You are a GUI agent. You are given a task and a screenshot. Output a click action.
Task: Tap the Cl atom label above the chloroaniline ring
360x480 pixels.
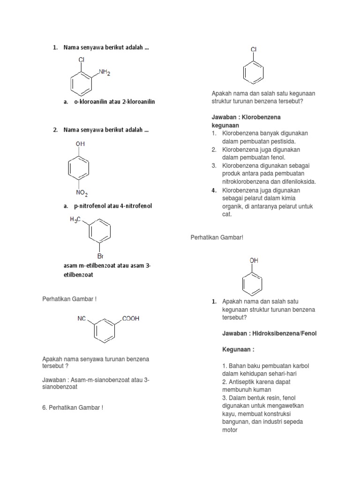pyautogui.click(x=81, y=60)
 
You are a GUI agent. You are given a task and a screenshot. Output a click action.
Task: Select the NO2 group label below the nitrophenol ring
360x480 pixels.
pyautogui.click(x=81, y=193)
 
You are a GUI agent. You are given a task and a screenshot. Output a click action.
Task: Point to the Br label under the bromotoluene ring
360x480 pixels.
pyautogui.click(x=100, y=256)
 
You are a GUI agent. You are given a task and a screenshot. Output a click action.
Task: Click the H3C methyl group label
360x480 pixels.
pyautogui.click(x=76, y=219)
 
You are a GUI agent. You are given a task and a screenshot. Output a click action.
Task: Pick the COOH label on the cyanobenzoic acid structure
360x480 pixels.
pyautogui.click(x=131, y=318)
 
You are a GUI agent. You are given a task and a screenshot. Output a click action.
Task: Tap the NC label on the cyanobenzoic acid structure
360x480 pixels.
pyautogui.click(x=82, y=318)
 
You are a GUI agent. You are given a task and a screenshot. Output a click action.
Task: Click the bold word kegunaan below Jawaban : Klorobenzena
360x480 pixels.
pyautogui.click(x=225, y=126)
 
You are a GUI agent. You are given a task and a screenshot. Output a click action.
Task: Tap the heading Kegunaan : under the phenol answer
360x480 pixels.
pyautogui.click(x=238, y=350)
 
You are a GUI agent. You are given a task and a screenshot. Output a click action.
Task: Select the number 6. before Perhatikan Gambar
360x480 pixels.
pyautogui.click(x=45, y=407)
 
